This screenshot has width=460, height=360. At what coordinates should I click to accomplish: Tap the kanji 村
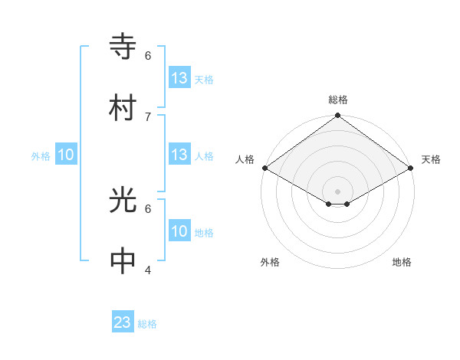point(123,108)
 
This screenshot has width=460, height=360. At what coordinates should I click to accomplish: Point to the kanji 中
point(123,261)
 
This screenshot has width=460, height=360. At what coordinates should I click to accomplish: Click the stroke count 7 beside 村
point(148,116)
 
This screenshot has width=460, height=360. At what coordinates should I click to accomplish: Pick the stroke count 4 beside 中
point(148,270)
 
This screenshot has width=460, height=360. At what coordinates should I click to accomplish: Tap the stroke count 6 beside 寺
point(148,55)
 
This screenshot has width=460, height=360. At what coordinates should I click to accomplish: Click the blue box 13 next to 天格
point(179,78)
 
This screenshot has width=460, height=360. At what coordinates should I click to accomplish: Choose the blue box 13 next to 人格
point(179,155)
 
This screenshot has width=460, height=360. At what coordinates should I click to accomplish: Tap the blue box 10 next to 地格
point(179,231)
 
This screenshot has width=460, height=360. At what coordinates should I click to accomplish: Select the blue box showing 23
point(123,322)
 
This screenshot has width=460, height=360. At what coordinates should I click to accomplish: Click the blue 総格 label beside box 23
point(147,324)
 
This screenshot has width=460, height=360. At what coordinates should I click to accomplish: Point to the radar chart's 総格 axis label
point(338,100)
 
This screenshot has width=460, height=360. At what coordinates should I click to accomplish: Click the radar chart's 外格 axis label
point(270,262)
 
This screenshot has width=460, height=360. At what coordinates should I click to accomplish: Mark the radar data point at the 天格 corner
point(411,168)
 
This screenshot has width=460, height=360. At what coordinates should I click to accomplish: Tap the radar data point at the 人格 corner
point(264,168)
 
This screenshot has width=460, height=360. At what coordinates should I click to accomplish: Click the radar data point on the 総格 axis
point(337,116)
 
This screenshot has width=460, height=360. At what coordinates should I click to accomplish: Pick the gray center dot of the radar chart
point(337,191)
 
